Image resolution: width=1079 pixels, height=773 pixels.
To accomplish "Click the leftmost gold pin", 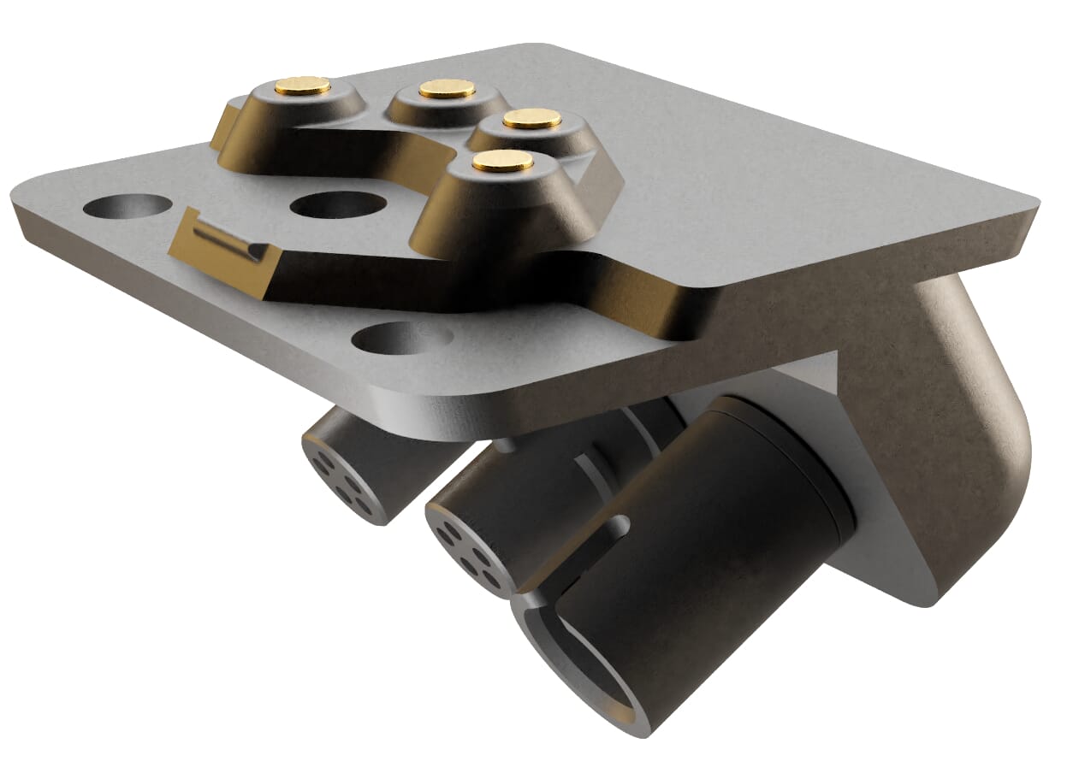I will pos(303,85).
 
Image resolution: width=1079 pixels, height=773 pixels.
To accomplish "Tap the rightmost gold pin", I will pos(531,118).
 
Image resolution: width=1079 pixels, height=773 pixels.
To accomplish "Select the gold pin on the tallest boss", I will pos(502,161).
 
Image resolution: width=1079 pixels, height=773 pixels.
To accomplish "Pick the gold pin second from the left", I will pos(447,88).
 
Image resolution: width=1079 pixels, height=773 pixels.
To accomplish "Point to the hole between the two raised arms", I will pos(337,205).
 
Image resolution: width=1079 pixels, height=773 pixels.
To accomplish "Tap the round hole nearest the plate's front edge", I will pos(401,338).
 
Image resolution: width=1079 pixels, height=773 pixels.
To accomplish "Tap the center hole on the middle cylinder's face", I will pos(469,550).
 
